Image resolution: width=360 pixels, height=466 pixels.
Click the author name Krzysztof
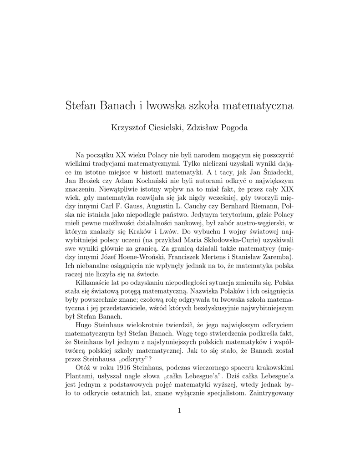coord(129,128)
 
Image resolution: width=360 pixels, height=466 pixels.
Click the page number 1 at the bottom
coord(180,411)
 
